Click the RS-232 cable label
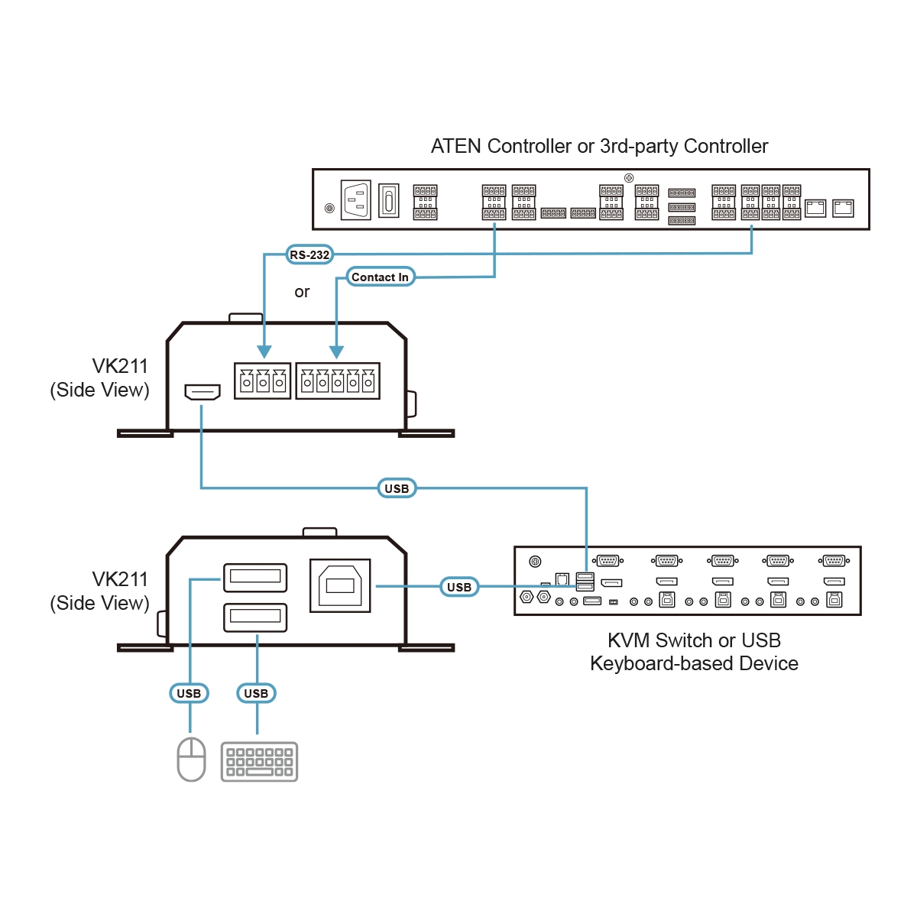point(309,254)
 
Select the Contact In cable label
point(380,277)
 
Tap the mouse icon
point(191,759)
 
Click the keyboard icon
point(259,761)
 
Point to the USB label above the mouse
point(189,693)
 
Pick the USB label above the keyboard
point(256,693)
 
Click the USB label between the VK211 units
point(397,488)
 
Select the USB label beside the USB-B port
point(459,587)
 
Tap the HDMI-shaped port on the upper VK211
point(203,392)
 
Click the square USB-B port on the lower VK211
point(340,586)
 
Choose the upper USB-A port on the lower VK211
point(255,578)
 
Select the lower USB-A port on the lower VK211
point(255,617)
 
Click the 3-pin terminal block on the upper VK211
point(262,381)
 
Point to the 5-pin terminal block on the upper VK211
point(338,381)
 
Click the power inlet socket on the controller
point(355,201)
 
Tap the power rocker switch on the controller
point(389,201)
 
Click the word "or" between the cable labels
point(302,292)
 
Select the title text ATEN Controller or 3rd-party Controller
point(599,146)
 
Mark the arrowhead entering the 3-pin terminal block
point(264,352)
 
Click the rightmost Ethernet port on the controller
point(843,208)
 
